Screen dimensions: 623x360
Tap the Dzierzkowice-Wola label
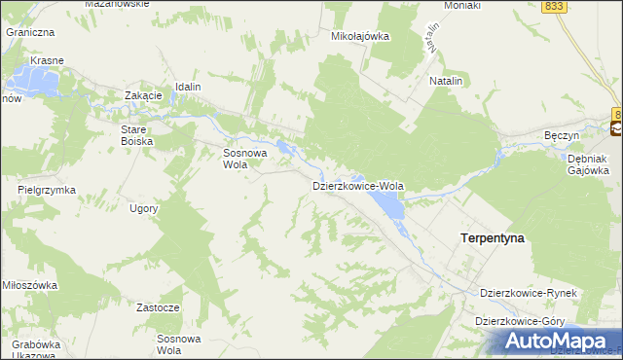[357, 185]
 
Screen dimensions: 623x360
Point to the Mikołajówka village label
[360, 36]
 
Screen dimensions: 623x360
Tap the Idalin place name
[188, 87]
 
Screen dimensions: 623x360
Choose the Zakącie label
[142, 95]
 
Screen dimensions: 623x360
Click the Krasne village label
[47, 60]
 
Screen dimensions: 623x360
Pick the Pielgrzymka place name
[46, 190]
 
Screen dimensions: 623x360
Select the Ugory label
[143, 208]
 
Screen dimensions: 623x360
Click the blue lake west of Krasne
[33, 83]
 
